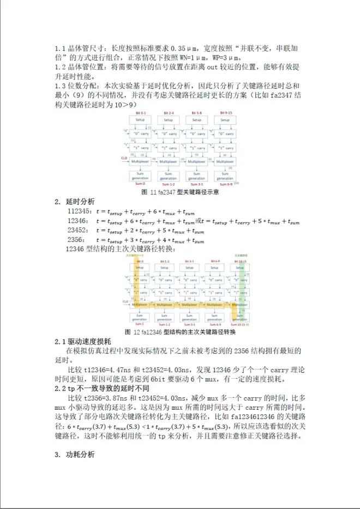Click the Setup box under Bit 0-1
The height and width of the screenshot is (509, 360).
click(x=140, y=120)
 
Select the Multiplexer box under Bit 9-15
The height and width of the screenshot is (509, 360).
click(x=225, y=161)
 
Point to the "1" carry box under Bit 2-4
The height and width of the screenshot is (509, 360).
click(x=169, y=148)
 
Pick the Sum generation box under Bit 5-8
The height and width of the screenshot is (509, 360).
click(x=196, y=176)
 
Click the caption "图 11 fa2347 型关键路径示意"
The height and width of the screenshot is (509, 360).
click(x=180, y=192)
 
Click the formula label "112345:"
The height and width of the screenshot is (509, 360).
click(x=79, y=211)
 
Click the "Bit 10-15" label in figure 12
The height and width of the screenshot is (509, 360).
click(x=242, y=261)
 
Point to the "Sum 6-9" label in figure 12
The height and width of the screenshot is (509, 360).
click(x=214, y=324)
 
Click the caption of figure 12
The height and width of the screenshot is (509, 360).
click(x=180, y=332)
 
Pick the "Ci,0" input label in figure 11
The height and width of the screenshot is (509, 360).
click(x=124, y=157)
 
